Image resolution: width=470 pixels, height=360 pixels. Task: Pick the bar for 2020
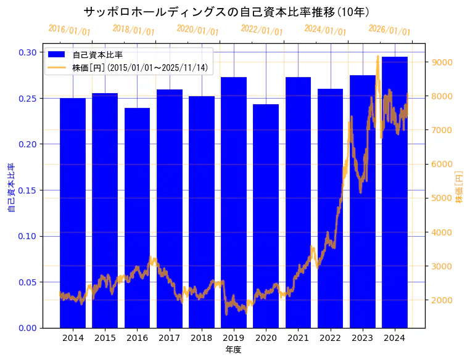coord(266,216)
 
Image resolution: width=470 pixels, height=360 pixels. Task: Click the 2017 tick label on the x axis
coord(169,338)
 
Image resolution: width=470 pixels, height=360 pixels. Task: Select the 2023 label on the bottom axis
coord(362,338)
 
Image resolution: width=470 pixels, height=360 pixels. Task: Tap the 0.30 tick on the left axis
coord(27,52)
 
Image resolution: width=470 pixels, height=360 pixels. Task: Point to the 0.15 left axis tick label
coord(27,190)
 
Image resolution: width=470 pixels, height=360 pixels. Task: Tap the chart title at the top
coord(226,12)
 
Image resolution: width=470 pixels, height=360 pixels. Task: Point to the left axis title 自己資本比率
coord(10,188)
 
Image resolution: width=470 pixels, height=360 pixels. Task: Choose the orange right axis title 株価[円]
coord(460,187)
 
